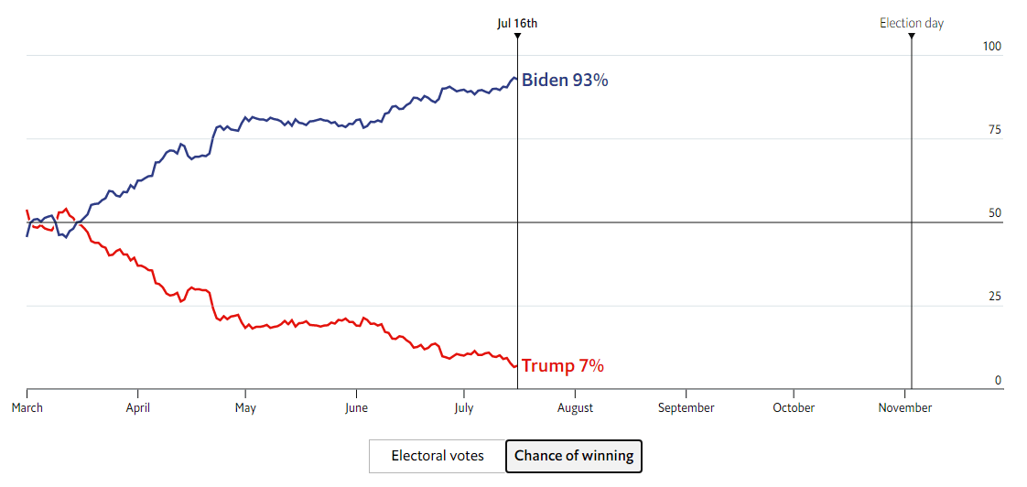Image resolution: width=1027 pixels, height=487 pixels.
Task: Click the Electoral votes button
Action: [438, 456]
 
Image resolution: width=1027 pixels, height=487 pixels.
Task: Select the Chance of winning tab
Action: [574, 456]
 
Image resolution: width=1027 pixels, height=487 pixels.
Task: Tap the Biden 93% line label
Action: [565, 81]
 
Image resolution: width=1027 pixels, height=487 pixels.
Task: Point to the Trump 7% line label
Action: [562, 366]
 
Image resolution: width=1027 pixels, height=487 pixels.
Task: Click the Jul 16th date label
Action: [517, 24]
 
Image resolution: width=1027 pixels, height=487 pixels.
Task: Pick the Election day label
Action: [911, 24]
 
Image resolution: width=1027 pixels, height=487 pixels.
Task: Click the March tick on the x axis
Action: [27, 408]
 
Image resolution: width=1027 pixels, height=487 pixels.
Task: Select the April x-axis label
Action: [137, 408]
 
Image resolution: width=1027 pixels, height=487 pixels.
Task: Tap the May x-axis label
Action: [245, 408]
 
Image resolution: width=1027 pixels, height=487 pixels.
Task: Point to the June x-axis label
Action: [356, 408]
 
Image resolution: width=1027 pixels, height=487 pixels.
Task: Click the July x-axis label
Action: [464, 408]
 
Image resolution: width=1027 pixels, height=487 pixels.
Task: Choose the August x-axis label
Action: [574, 408]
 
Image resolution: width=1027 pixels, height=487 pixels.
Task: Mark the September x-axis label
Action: [686, 408]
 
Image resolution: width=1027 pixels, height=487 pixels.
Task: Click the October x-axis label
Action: [794, 408]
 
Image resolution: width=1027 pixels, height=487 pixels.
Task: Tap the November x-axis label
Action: [904, 408]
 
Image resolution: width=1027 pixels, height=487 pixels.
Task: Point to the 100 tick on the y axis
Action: [992, 47]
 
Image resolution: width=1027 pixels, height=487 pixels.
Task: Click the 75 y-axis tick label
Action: [995, 130]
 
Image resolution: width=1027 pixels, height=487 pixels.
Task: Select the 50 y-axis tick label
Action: [995, 213]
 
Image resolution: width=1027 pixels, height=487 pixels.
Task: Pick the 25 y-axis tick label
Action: [995, 297]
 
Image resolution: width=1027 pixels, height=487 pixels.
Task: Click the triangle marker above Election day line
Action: [912, 37]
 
